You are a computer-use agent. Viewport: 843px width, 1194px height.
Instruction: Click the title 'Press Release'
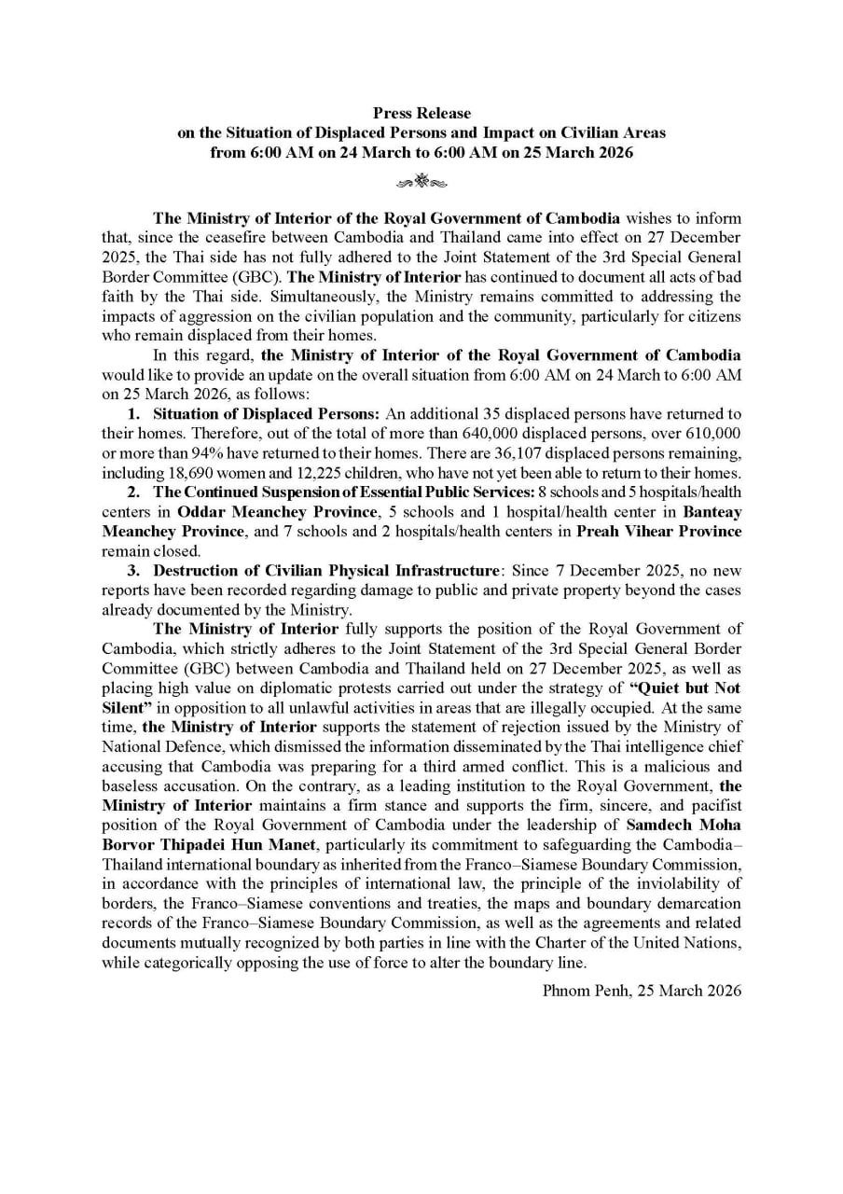tap(421, 113)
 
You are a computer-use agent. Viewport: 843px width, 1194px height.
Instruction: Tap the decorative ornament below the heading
tap(421, 179)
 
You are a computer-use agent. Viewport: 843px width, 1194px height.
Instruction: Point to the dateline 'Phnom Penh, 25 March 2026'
tap(642, 991)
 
